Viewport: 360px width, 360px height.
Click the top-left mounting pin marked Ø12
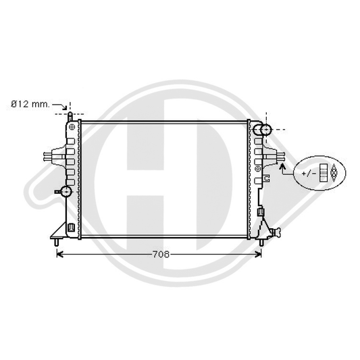tap(70, 117)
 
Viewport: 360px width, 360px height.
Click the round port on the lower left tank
tap(66, 190)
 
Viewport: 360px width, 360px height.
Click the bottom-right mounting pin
tap(260, 241)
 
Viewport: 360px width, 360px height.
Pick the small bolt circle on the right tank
tap(258, 167)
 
